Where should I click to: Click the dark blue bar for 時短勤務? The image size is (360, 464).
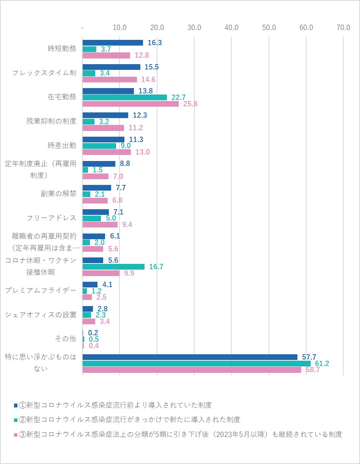pyautogui.click(x=113, y=43)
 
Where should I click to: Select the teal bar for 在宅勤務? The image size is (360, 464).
pyautogui.click(x=124, y=97)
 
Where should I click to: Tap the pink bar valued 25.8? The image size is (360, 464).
pyautogui.click(x=130, y=104)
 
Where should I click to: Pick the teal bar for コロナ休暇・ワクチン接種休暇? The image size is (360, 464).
pyautogui.click(x=113, y=267)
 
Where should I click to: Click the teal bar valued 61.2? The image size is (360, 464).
pyautogui.click(x=196, y=363)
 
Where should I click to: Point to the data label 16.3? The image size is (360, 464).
pyautogui.click(x=155, y=43)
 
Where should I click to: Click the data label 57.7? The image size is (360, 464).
pyautogui.click(x=309, y=357)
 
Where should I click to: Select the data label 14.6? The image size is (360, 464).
pyautogui.click(x=148, y=79)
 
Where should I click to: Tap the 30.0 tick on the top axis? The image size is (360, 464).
pyautogui.click(x=194, y=28)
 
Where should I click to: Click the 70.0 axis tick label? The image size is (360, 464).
pyautogui.click(x=343, y=28)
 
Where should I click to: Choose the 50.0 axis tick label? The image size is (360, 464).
pyautogui.click(x=269, y=28)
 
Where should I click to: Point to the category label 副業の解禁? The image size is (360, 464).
pyautogui.click(x=58, y=194)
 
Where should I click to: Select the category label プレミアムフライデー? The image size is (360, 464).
pyautogui.click(x=41, y=290)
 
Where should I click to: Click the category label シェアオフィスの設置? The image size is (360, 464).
pyautogui.click(x=41, y=314)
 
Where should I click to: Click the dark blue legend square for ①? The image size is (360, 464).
pyautogui.click(x=16, y=405)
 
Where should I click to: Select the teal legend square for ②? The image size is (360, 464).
pyautogui.click(x=16, y=420)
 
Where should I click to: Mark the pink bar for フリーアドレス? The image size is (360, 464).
pyautogui.click(x=100, y=224)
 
